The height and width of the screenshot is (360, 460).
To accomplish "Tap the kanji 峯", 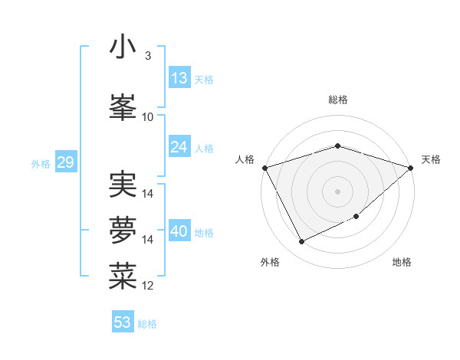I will coord(123,107).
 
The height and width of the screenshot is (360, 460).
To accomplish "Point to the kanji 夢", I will coord(123,230).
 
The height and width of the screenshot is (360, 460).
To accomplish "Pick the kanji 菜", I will coord(123,276).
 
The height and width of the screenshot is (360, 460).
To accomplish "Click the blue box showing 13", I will coord(179,78).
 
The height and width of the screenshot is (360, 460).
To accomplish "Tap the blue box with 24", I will coord(179,147).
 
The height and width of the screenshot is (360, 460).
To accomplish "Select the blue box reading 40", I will coord(179,231).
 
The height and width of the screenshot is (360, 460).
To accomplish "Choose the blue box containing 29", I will coord(65,162).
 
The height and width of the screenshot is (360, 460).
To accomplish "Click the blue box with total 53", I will coord(123,322).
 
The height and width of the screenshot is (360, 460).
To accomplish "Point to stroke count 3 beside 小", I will coord(148,56).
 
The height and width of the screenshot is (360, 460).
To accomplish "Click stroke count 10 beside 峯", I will coord(148,117).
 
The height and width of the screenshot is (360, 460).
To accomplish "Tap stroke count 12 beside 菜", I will coord(148,286).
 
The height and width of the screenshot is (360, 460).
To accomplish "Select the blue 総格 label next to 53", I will coord(147,324).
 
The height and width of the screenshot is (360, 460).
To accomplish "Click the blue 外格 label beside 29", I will coord(41,163).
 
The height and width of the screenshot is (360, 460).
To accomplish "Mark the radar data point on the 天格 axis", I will coord(411,168).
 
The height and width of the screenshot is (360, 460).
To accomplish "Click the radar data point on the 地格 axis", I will coord(356,217).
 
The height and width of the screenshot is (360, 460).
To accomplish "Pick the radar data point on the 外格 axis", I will coord(301,242).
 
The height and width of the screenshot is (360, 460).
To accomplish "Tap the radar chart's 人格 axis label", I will coord(246,159).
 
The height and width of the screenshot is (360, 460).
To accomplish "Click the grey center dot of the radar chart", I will coord(337,191).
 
